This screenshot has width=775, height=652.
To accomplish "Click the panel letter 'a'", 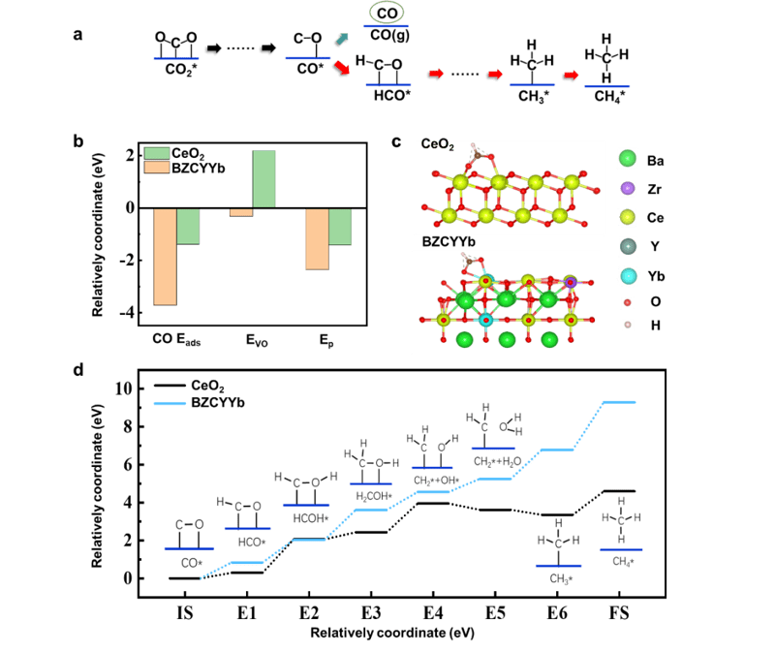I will pos(77,37).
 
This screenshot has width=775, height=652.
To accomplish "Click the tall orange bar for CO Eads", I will pos(165,257).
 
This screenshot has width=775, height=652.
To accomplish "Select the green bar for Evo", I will pos(264,178).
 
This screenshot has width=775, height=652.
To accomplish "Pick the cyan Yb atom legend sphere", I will pos(627,276).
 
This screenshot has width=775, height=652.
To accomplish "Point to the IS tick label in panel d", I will pos(183,613).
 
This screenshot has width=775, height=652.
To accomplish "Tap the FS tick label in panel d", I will pos(619,613).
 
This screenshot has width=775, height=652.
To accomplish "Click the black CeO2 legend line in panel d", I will pos(170,386).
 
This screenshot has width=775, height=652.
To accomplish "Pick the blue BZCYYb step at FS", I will pos(619,402).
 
